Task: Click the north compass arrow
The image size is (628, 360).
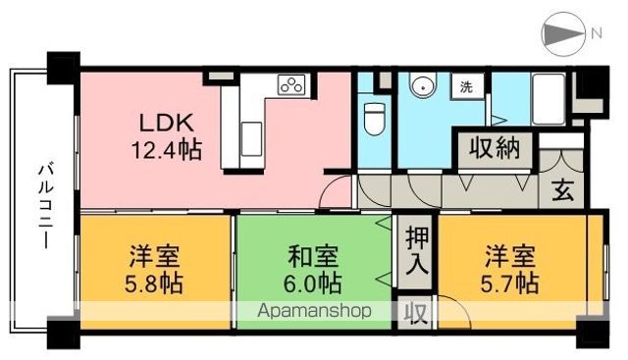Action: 562,34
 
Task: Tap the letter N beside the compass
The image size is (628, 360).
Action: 595,34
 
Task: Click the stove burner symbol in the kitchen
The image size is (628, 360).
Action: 291,85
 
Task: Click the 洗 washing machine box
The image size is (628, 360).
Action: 466,86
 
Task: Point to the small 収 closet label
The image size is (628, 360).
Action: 415,314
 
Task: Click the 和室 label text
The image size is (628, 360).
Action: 313,258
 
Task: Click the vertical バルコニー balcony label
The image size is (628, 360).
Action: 44,204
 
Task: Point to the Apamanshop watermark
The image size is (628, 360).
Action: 316,311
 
